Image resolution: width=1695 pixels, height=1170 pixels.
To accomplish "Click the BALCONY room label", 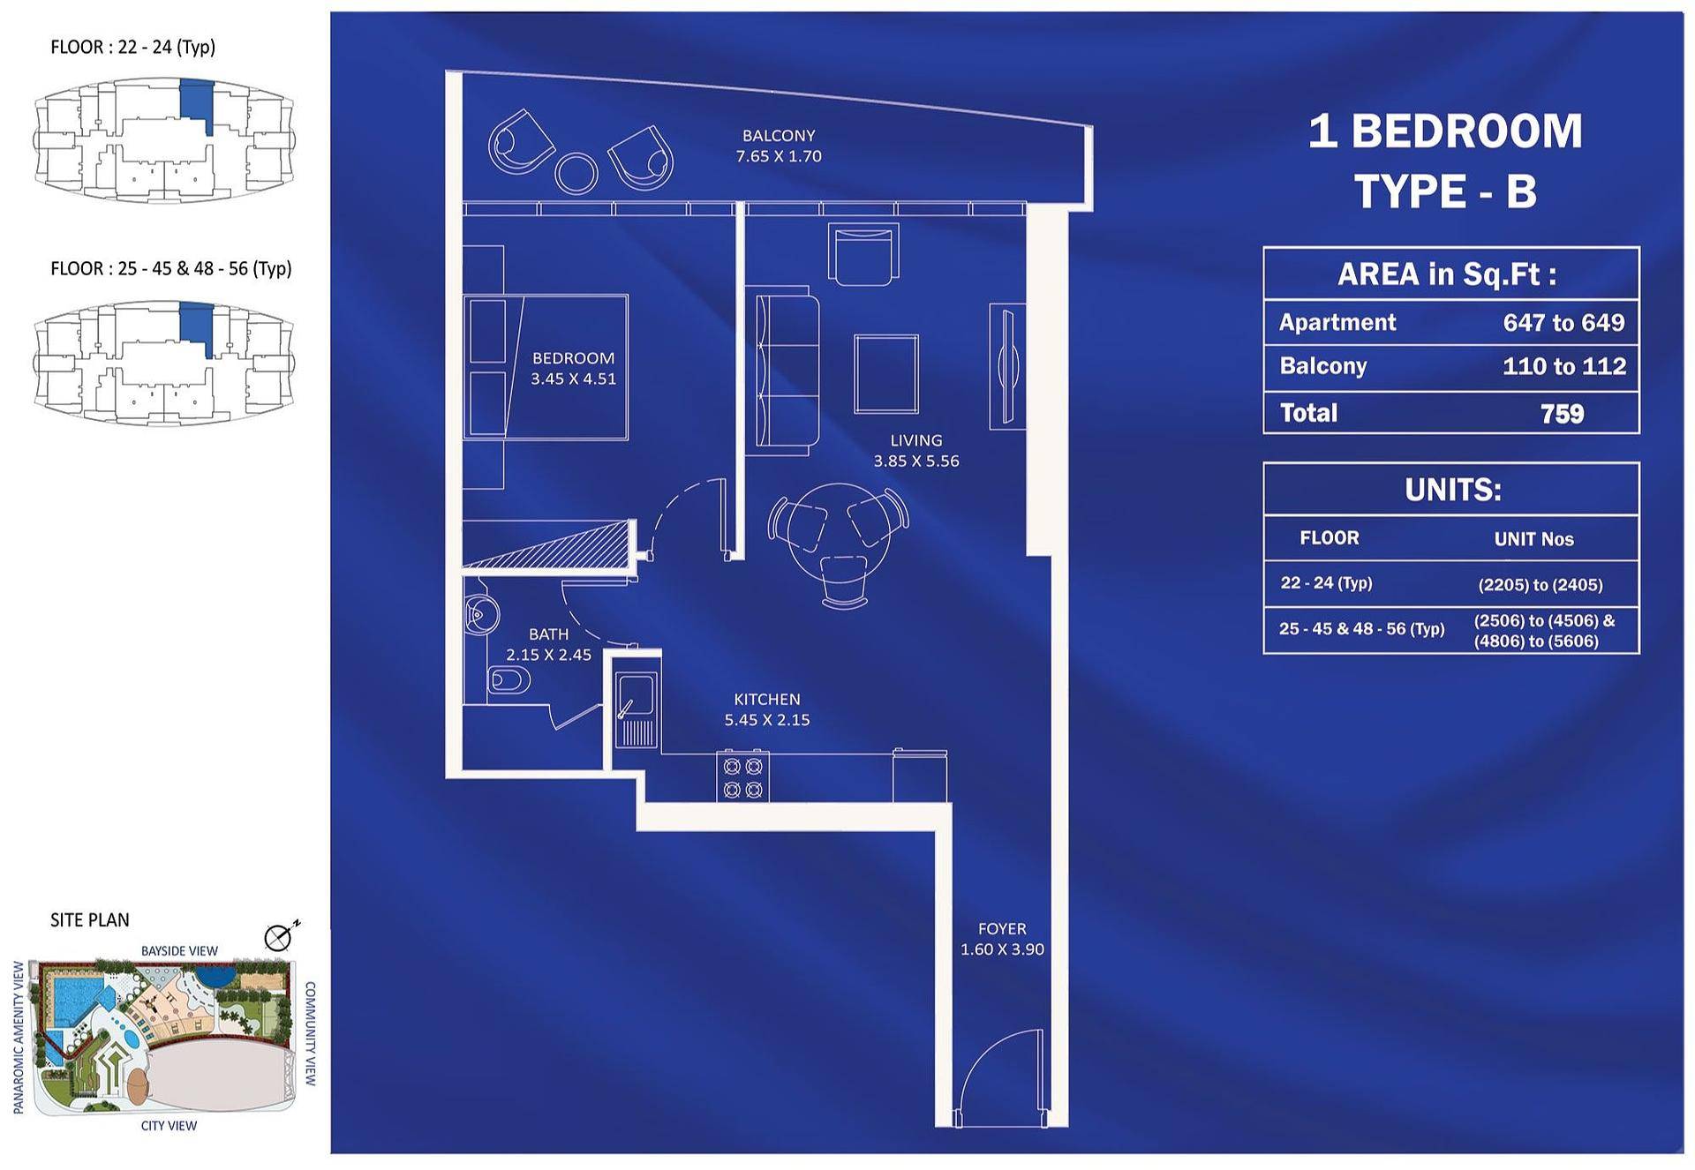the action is point(779,136).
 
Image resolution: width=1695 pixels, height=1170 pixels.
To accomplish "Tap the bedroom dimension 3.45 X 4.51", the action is point(573,379).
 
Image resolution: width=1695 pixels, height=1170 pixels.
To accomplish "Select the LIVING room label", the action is point(916,440).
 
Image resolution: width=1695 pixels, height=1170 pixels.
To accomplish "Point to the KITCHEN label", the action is point(767,699).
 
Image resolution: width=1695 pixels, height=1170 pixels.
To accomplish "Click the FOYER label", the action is point(1002,929).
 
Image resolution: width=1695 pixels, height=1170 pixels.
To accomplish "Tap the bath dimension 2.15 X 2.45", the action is point(548,655).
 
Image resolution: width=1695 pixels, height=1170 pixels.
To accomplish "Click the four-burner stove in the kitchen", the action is point(742,776).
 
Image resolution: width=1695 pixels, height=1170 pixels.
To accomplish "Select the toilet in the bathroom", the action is point(508,680).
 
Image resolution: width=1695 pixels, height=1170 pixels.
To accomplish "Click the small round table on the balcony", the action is point(576,173).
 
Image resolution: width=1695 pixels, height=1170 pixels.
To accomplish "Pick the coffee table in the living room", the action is point(886,374).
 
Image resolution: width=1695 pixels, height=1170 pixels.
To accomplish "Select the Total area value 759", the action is point(1562,414).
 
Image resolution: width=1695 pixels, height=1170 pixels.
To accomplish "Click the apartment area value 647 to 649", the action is point(1563,323).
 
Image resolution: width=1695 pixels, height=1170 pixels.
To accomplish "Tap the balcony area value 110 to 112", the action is point(1564,366).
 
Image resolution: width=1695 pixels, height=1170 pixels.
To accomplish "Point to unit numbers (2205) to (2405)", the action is point(1541,584).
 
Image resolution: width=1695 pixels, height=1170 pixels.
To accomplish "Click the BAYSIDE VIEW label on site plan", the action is point(179,951).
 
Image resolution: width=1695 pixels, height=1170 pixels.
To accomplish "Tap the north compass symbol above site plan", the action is point(280,936).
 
